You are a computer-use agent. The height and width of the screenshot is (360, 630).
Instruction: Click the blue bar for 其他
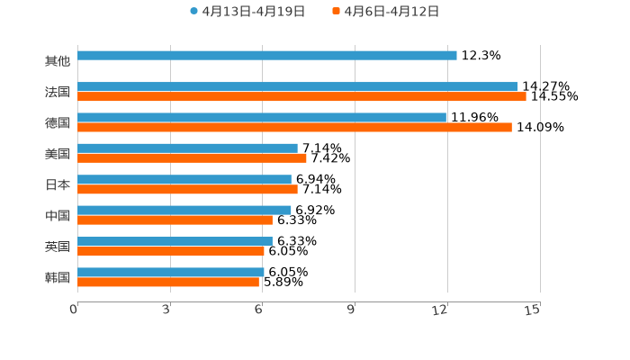click(267, 56)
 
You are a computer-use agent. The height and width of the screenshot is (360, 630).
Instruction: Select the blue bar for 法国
click(297, 87)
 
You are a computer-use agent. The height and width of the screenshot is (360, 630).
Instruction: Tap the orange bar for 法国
click(301, 96)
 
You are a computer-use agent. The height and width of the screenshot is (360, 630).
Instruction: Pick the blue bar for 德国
click(262, 118)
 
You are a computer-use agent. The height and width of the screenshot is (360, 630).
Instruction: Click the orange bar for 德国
click(294, 127)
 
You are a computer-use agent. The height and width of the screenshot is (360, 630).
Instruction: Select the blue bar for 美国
click(187, 148)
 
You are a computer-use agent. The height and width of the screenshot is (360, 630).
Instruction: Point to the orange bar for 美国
click(192, 158)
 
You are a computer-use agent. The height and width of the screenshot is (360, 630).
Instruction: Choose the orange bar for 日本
click(187, 189)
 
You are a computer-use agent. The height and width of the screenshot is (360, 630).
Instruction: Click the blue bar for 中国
click(184, 211)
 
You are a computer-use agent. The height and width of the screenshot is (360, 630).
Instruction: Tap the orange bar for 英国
click(171, 251)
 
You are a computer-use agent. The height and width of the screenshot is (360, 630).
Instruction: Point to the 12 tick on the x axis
click(440, 310)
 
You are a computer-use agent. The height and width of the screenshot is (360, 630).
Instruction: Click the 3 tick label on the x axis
click(166, 310)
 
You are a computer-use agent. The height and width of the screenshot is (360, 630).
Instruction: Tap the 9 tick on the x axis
click(351, 310)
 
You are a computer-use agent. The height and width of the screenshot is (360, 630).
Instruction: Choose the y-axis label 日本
click(58, 184)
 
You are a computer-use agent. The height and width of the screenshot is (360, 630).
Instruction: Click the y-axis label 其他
click(58, 61)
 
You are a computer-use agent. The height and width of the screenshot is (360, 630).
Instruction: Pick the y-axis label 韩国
click(58, 277)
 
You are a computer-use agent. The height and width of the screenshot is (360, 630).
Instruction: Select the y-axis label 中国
click(58, 216)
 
